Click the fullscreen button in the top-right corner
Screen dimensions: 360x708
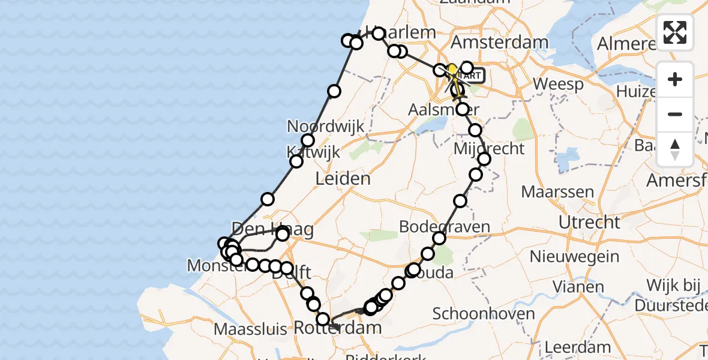pos(675,32)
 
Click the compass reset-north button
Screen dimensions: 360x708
pos(675,149)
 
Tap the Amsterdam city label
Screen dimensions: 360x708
pos(499,43)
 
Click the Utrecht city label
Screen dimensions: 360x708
pos(589,222)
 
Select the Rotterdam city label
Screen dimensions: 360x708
pos(338,328)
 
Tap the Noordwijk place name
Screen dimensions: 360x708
pos(326,127)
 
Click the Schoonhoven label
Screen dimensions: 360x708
pos(483,314)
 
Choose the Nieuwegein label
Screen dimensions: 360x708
pos(575,257)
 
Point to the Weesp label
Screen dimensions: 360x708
pos(558,85)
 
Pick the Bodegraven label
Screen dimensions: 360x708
pos(444,227)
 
